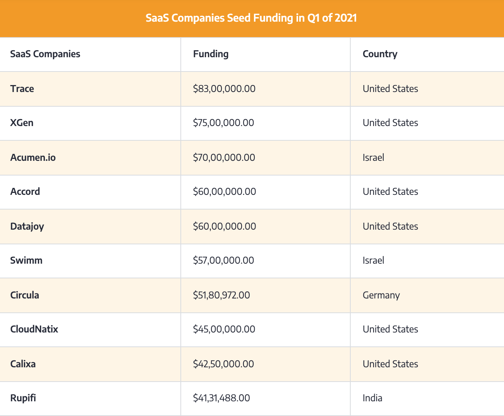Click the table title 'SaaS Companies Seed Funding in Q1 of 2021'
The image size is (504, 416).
(x=251, y=18)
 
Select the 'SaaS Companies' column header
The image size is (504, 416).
(x=45, y=54)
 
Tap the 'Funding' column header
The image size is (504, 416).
(x=211, y=54)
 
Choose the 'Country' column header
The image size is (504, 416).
(x=380, y=54)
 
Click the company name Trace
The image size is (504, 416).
(x=22, y=89)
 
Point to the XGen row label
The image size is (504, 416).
(x=22, y=123)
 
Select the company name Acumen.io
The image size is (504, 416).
(x=33, y=158)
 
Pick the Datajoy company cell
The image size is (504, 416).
(x=27, y=227)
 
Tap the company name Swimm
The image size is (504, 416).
(x=26, y=261)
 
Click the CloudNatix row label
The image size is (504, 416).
(x=34, y=329)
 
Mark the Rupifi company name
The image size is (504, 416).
(x=23, y=398)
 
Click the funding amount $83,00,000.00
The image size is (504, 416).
(x=224, y=89)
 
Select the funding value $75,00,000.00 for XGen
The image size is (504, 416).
(x=223, y=123)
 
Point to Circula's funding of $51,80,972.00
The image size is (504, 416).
(x=221, y=295)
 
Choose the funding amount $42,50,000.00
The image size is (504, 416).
(x=223, y=364)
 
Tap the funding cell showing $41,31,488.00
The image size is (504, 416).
(x=221, y=398)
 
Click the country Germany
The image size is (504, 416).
(x=381, y=295)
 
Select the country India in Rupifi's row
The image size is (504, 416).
(x=372, y=398)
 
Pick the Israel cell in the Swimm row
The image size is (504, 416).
(x=373, y=261)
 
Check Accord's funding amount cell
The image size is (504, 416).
(x=225, y=192)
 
